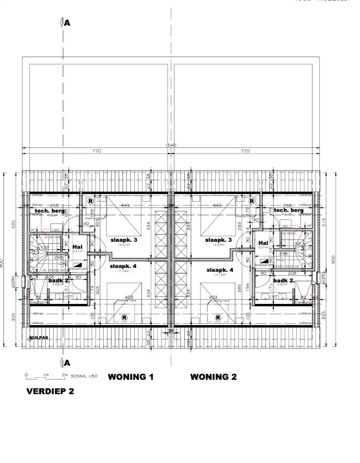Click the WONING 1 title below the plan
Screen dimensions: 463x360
tap(130, 377)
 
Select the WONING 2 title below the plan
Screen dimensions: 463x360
tap(213, 377)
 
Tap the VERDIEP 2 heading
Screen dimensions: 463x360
tap(50, 391)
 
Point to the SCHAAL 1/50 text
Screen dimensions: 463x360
tap(85, 376)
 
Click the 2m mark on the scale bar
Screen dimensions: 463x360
tap(65, 375)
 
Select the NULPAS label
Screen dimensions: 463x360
tap(39, 337)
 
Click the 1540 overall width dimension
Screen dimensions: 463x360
tap(171, 145)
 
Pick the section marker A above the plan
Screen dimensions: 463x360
tap(67, 23)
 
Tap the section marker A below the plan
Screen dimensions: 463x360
tap(67, 363)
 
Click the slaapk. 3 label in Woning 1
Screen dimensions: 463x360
tap(124, 240)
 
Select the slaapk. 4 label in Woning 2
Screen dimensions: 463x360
tap(220, 270)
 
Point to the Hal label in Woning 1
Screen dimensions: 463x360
tap(78, 247)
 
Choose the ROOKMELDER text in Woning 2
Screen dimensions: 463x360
tap(264, 265)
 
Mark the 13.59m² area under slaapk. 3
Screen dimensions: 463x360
tap(219, 245)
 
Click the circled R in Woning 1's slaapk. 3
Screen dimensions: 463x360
tap(91, 200)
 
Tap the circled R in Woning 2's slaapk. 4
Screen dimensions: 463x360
tap(219, 318)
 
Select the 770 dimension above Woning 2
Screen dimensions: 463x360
tap(245, 151)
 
